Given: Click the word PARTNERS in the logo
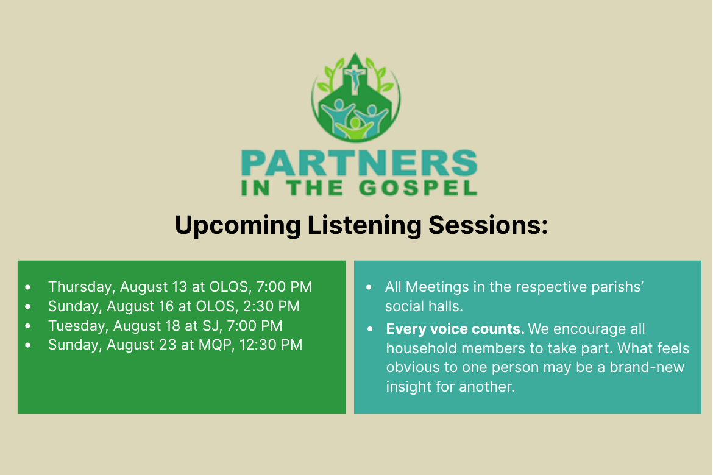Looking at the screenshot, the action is coord(359,163).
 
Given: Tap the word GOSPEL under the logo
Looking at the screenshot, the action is coord(418,188).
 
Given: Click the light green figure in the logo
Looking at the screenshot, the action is coord(355,128).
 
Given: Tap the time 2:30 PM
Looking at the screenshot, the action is coord(271,306).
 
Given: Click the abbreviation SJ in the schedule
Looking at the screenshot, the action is coord(212,326).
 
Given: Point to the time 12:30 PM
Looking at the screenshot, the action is coord(271,345).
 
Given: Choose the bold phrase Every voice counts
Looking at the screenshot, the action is coord(455,329).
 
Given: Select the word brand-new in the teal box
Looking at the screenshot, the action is coord(647,367).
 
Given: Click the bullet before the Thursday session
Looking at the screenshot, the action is coord(28,287).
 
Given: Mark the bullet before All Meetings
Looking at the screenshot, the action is coord(369,287).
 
